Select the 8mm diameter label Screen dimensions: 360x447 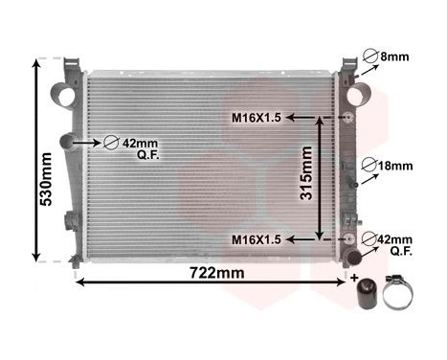point(394,57)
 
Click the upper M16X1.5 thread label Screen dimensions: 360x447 point(256,119)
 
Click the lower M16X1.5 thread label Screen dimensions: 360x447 point(256,239)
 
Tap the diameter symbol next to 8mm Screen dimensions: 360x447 point(369,56)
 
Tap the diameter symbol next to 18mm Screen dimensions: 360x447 point(370,166)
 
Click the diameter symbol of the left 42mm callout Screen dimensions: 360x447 point(110,143)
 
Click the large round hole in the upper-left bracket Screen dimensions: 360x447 point(63,95)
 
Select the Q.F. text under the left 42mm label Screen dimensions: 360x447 point(145,154)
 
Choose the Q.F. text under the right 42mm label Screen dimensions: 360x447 point(402,252)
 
